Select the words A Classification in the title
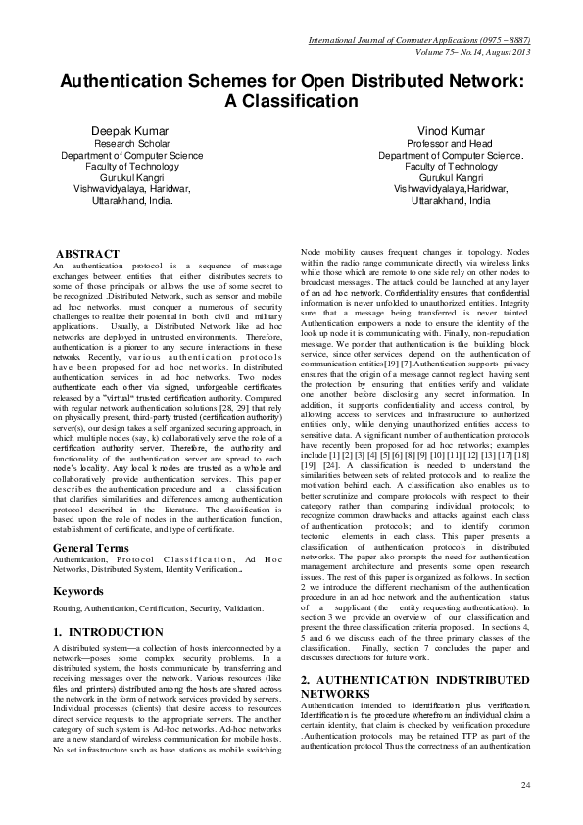[x=291, y=99]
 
